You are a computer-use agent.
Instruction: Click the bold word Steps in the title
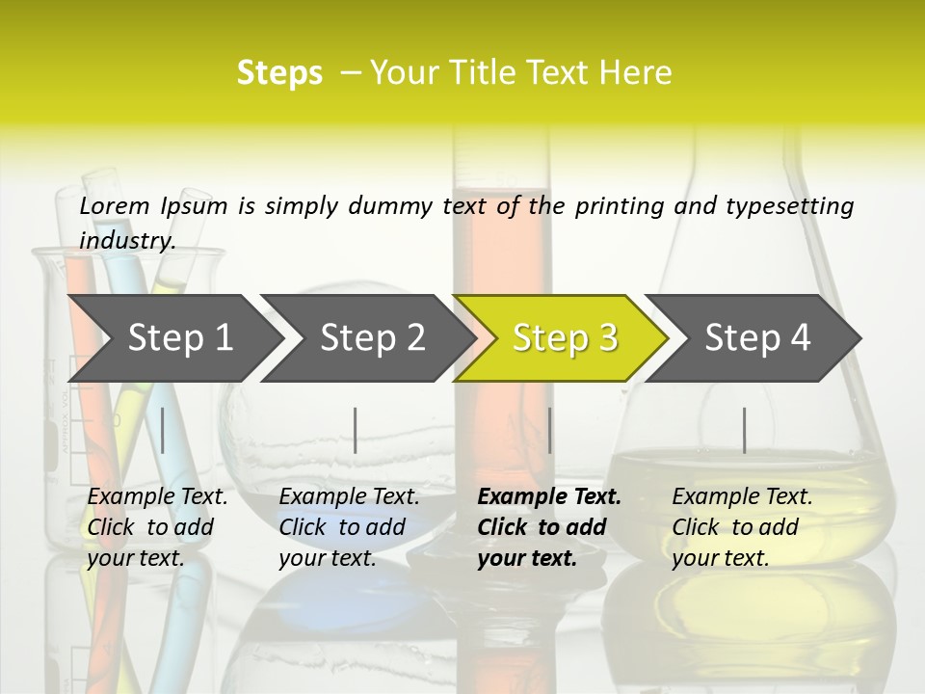(279, 73)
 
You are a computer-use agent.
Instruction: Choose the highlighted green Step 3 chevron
(564, 337)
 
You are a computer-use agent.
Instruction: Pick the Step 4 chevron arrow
(756, 337)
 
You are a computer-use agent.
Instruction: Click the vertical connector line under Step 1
(163, 430)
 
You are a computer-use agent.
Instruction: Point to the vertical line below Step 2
(356, 430)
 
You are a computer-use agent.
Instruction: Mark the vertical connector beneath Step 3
(549, 430)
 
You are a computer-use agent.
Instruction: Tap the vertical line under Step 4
(744, 430)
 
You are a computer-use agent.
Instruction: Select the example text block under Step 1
(157, 527)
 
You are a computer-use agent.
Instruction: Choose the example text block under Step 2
(349, 527)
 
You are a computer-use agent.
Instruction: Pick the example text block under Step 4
(742, 527)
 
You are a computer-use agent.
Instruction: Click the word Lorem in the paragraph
(115, 206)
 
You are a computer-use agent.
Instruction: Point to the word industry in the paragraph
(126, 241)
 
